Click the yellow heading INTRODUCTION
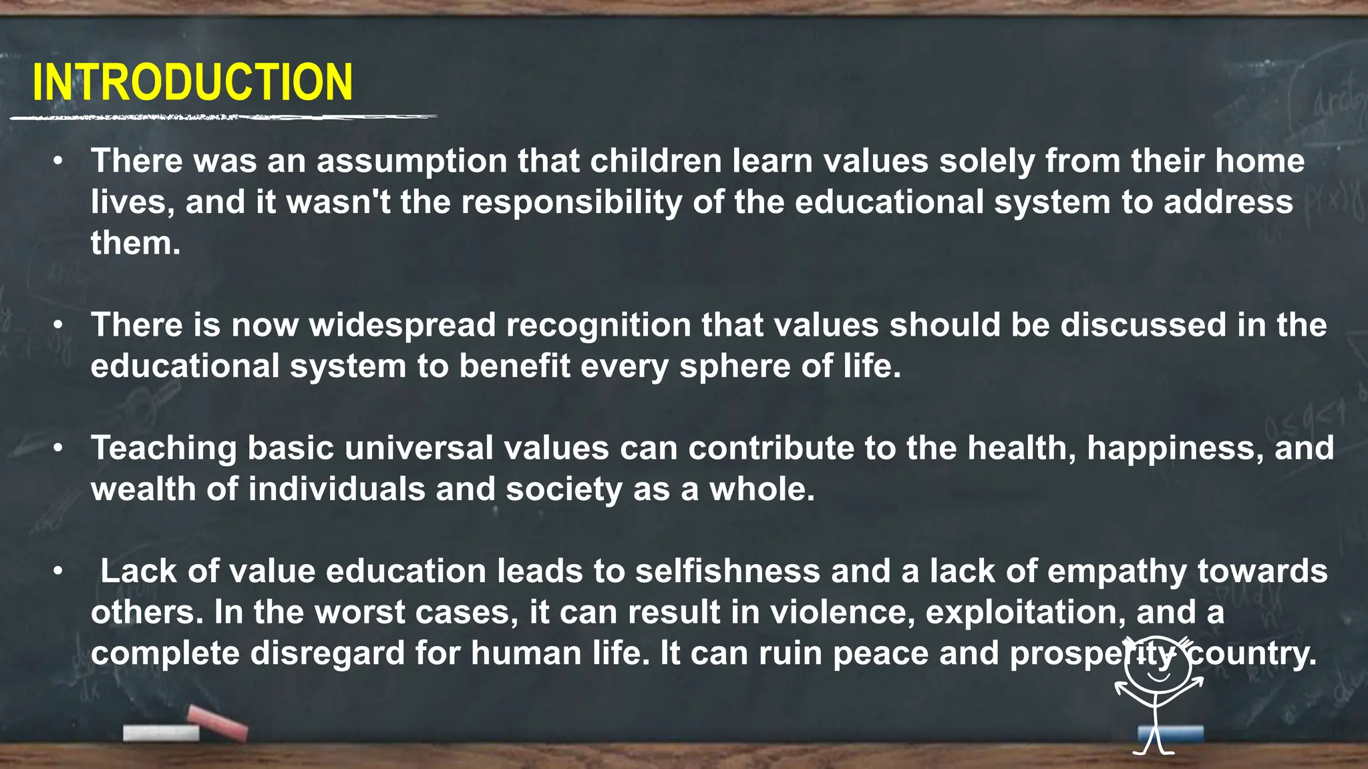point(192,83)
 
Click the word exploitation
point(1025,613)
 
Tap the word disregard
point(327,654)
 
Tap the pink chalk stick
point(217,722)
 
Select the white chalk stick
point(161,733)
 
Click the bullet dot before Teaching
point(59,449)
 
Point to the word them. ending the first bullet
point(136,244)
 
